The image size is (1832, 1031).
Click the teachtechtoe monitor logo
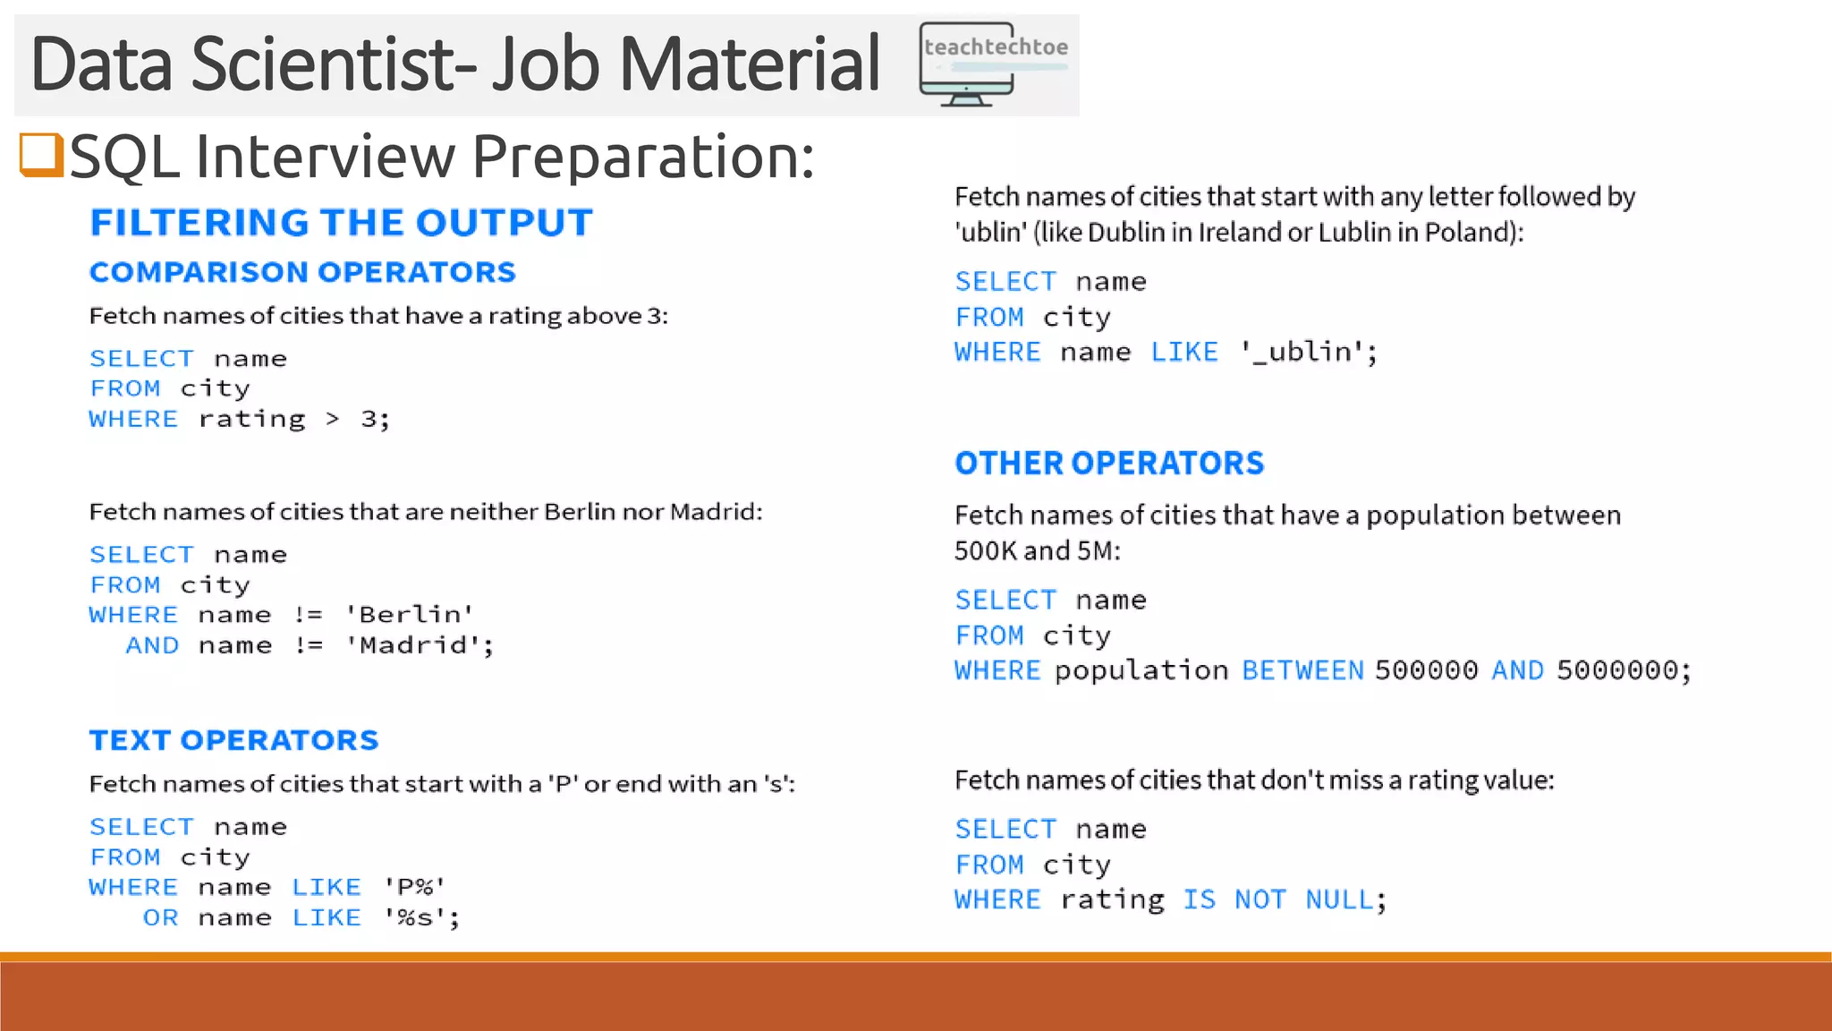pyautogui.click(x=993, y=64)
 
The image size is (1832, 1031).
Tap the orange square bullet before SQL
pyautogui.click(x=41, y=155)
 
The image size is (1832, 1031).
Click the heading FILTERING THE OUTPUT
pyautogui.click(x=341, y=223)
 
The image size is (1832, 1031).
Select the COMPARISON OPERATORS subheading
pyautogui.click(x=302, y=272)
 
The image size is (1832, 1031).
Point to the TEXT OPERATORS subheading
pyautogui.click(x=233, y=740)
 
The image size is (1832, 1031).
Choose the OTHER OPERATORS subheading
pyautogui.click(x=1109, y=463)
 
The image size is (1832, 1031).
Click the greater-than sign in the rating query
pyautogui.click(x=333, y=419)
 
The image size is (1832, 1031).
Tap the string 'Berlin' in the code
pyautogui.click(x=410, y=615)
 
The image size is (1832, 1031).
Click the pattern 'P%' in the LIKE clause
pyautogui.click(x=414, y=887)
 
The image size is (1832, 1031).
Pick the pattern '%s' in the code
pyautogui.click(x=415, y=917)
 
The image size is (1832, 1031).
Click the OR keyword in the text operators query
pyautogui.click(x=160, y=917)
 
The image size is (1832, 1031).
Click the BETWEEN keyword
pyautogui.click(x=1302, y=670)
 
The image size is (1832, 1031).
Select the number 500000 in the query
pyautogui.click(x=1426, y=670)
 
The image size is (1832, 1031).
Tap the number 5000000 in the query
pyautogui.click(x=1617, y=670)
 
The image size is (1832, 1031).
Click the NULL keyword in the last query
pyautogui.click(x=1339, y=899)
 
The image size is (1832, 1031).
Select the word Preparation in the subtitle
pyautogui.click(x=642, y=157)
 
